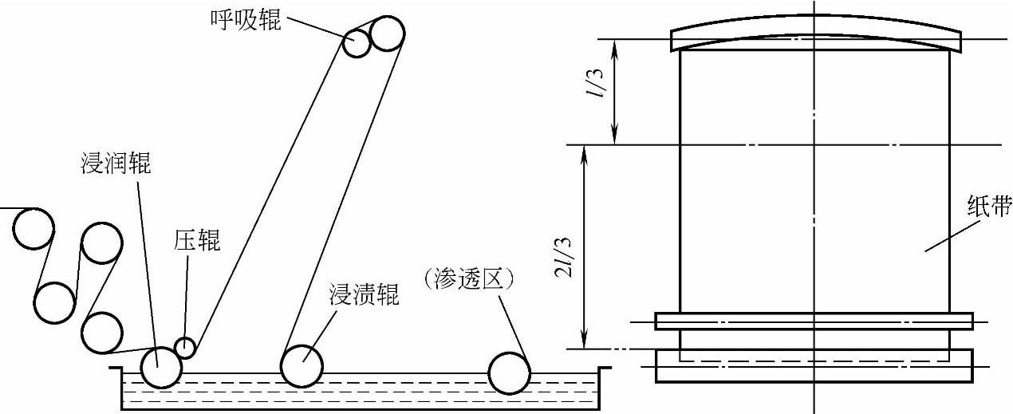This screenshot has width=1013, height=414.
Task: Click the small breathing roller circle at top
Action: (x=357, y=43)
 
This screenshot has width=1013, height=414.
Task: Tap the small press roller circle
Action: (x=185, y=348)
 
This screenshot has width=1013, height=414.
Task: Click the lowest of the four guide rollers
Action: (x=102, y=333)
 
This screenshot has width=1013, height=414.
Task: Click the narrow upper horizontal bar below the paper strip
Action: (x=814, y=321)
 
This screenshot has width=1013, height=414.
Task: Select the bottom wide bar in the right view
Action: (x=814, y=366)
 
